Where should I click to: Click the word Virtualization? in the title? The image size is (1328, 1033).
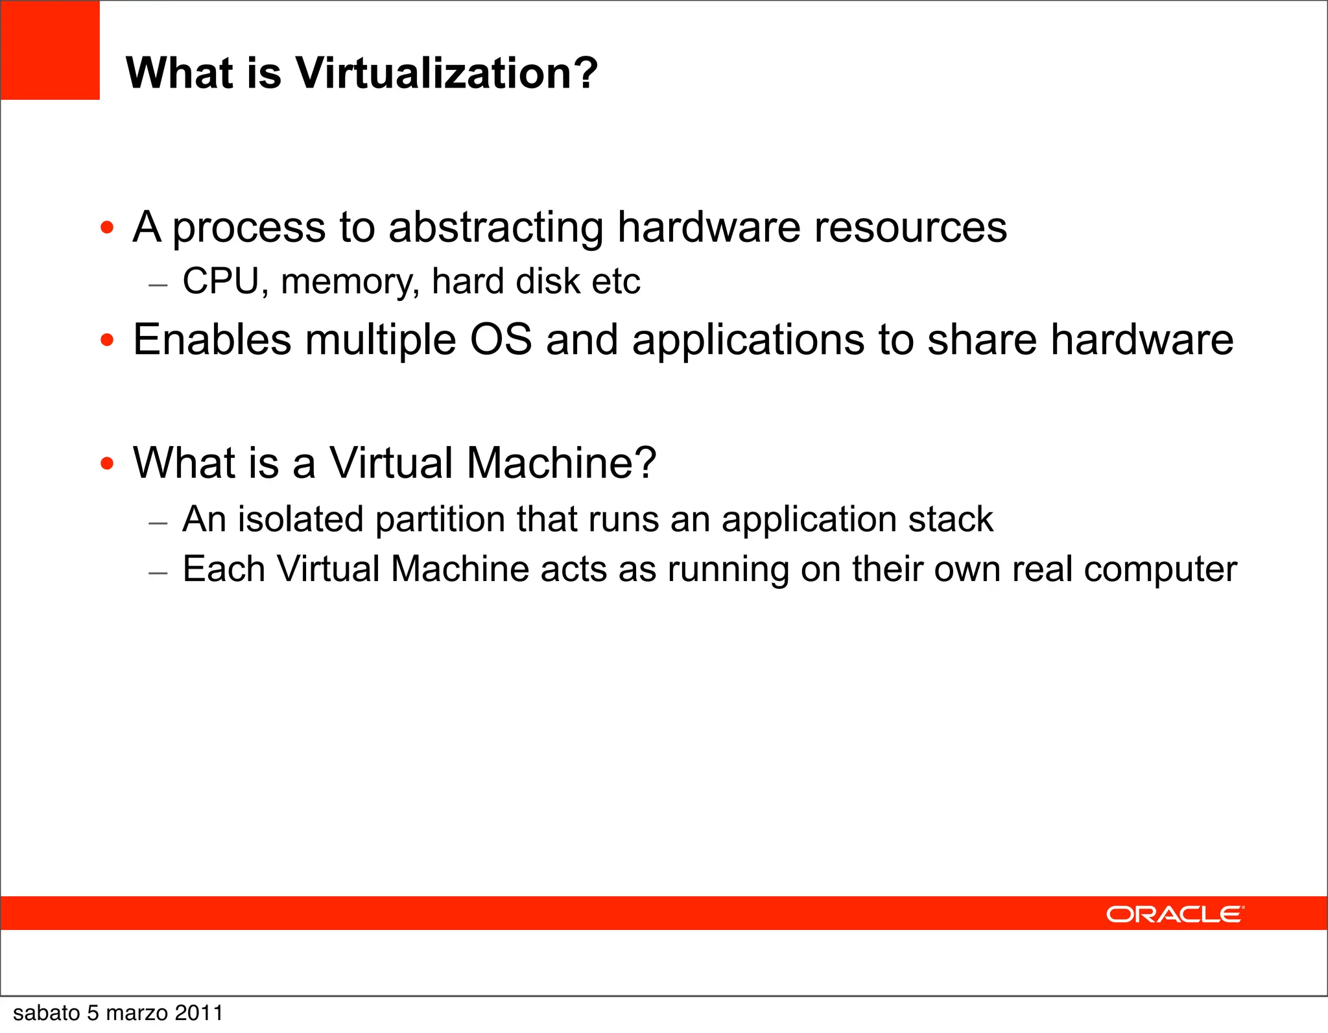click(x=446, y=73)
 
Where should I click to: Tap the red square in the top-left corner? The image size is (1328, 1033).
click(x=50, y=50)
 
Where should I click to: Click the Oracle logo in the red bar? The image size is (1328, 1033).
click(x=1175, y=914)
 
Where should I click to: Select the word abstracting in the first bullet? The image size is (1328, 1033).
click(x=496, y=228)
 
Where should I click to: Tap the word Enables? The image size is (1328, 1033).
click(x=211, y=340)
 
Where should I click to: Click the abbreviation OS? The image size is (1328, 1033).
click(x=501, y=340)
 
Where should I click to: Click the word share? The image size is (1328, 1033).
click(x=982, y=340)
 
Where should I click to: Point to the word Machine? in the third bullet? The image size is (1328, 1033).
click(x=561, y=463)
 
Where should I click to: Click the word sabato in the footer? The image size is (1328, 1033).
click(x=46, y=1013)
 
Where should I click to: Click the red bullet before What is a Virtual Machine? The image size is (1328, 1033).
click(x=108, y=463)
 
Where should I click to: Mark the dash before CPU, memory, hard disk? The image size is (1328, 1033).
click(x=158, y=285)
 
